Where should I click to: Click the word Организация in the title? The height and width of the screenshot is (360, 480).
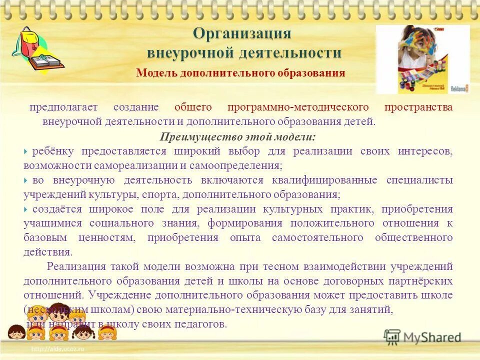point(241,34)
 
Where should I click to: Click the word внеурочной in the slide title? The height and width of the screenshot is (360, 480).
point(187,52)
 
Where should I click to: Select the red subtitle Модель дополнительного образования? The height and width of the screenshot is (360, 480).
point(240,73)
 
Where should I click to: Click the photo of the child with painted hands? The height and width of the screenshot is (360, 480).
point(422,59)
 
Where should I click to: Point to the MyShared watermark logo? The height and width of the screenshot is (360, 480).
point(423,337)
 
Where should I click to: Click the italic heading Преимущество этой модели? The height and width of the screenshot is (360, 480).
point(237,136)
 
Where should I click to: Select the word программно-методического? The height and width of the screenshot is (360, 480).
point(298,107)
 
